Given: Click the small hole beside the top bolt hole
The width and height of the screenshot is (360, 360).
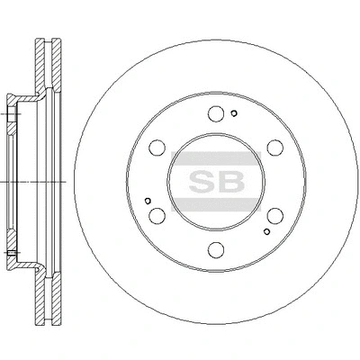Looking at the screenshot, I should click(232, 112).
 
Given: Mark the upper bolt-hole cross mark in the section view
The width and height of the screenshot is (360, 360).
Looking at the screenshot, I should click(10, 115).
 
